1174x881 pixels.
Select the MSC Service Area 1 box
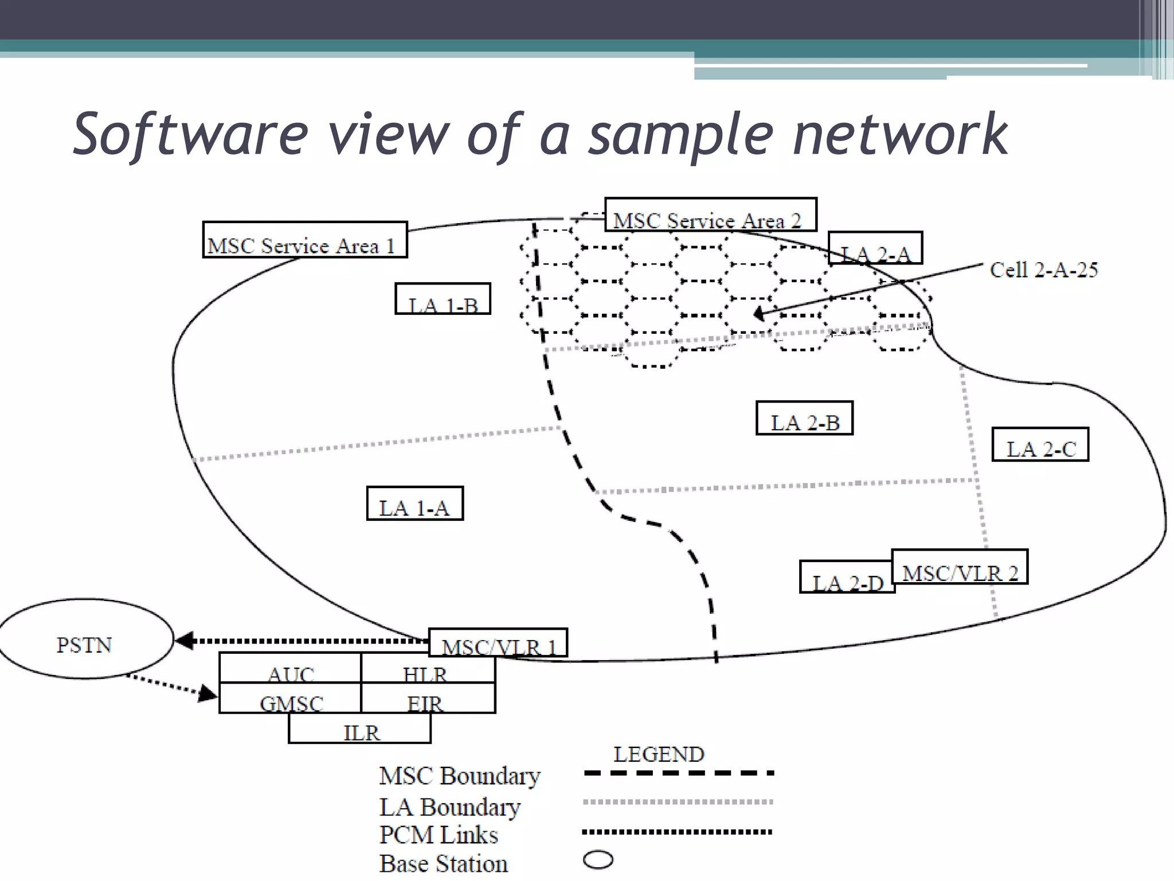click(x=304, y=240)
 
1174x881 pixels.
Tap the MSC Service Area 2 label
click(x=710, y=215)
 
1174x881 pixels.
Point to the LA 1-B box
click(x=443, y=299)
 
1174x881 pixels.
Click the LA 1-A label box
click(x=414, y=504)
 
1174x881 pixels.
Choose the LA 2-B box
click(x=804, y=418)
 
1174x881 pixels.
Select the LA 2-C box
click(x=1040, y=445)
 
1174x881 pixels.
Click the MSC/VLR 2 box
click(x=960, y=567)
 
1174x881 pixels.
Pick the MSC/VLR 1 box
click(x=498, y=643)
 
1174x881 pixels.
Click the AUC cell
click(x=290, y=668)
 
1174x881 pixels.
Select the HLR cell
click(x=428, y=668)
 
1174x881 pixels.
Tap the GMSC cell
click(x=290, y=698)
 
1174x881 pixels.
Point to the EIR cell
click(x=428, y=698)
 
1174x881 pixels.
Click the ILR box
click(x=360, y=728)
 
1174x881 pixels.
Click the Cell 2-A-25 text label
click(x=1043, y=270)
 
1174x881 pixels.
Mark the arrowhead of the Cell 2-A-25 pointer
click(x=758, y=314)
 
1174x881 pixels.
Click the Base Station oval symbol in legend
click(x=598, y=860)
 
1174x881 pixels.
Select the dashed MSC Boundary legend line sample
click(x=679, y=773)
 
